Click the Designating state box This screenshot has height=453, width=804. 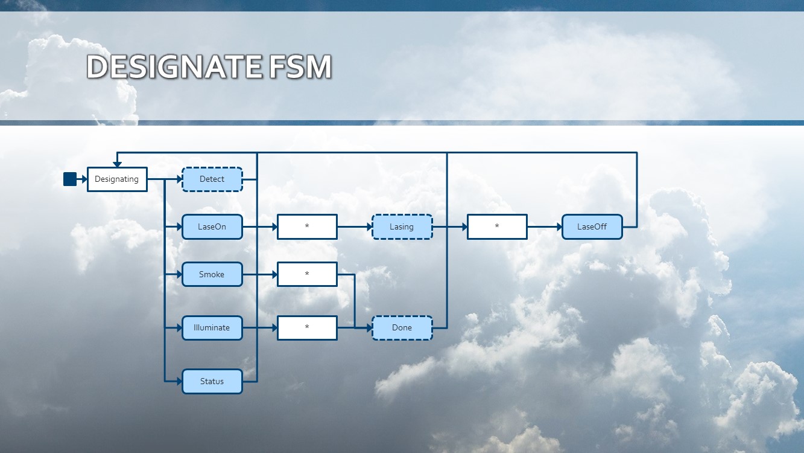117,179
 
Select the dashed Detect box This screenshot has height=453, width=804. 212,179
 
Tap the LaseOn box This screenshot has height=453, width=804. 212,227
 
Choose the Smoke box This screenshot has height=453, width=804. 212,274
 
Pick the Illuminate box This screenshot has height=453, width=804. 212,328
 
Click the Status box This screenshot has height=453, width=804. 212,382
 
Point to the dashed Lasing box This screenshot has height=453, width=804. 402,227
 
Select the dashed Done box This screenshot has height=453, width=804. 402,328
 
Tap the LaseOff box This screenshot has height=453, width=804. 592,227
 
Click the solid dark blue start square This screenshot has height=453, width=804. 70,179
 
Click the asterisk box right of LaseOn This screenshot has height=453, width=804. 307,227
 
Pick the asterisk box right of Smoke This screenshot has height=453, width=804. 307,274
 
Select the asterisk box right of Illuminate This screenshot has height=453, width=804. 307,328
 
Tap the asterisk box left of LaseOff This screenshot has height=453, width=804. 497,227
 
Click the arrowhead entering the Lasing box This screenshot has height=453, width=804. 369,227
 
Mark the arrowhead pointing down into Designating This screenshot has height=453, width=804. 117,164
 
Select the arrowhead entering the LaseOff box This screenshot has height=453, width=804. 559,227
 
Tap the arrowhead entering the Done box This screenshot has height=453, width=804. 369,328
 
